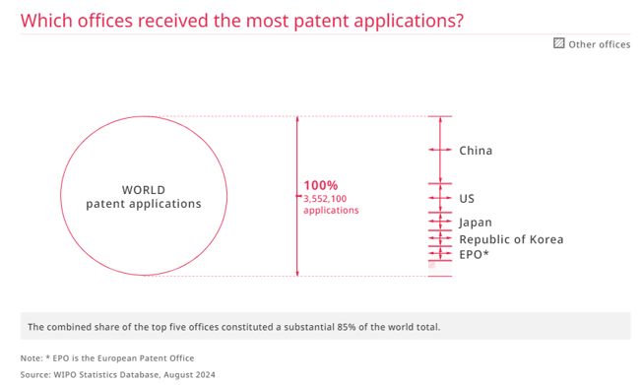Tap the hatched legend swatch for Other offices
tap(559, 43)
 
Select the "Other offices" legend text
tap(600, 44)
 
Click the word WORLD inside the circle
tap(144, 190)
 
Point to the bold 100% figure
tap(321, 185)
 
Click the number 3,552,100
tap(325, 199)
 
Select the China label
tap(476, 151)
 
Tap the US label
tap(467, 199)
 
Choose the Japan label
tap(476, 223)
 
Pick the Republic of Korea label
tap(511, 239)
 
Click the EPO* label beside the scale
tap(474, 255)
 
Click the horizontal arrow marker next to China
tap(440, 150)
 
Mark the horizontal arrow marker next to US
tap(440, 198)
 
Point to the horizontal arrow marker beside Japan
tap(440, 222)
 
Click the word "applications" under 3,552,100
tap(331, 211)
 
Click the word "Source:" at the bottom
tap(35, 375)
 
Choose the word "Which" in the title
tap(46, 21)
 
